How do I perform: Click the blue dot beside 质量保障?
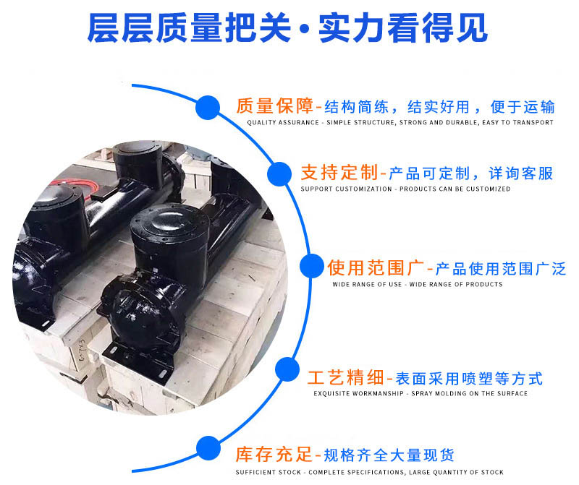pyautogui.click(x=208, y=108)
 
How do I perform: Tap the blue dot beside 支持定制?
pyautogui.click(x=279, y=174)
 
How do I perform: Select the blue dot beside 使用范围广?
pyautogui.click(x=311, y=266)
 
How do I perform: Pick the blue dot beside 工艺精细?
pyautogui.click(x=288, y=371)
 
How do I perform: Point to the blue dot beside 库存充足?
pyautogui.click(x=208, y=447)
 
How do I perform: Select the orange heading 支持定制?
pyautogui.click(x=339, y=173)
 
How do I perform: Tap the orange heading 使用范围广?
pyautogui.click(x=376, y=268)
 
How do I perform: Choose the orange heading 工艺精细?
pyautogui.click(x=346, y=378)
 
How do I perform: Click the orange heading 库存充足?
pyautogui.click(x=274, y=455)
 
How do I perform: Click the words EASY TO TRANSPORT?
pyautogui.click(x=523, y=123)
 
